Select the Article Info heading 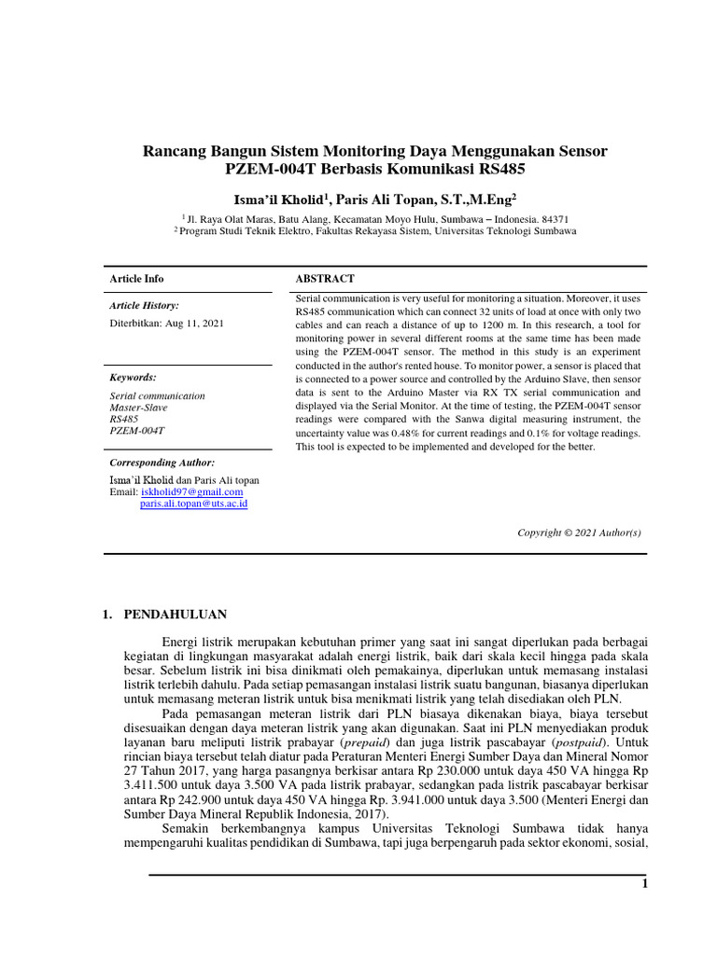click(x=136, y=279)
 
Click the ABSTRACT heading click(x=325, y=279)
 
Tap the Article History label click(x=144, y=305)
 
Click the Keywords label click(x=133, y=378)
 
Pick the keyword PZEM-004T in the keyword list click(x=136, y=432)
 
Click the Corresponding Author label click(x=162, y=463)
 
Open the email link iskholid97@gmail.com click(x=192, y=491)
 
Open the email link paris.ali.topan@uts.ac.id click(x=193, y=504)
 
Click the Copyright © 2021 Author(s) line click(x=579, y=532)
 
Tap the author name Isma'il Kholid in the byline click(x=277, y=199)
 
